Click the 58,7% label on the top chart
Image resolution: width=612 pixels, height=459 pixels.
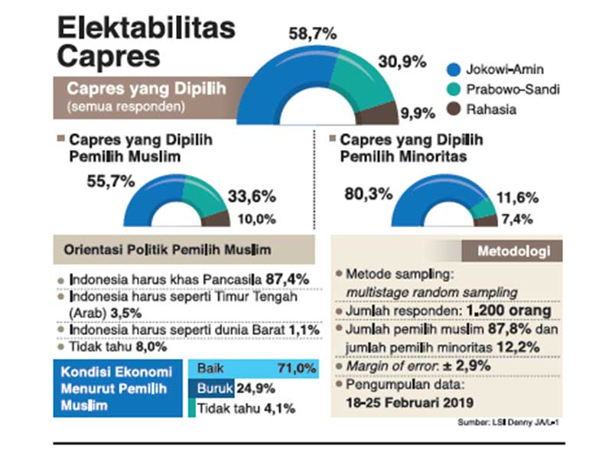[x=312, y=34]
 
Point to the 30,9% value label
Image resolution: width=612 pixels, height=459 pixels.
[x=402, y=63]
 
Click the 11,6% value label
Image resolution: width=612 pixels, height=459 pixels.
[x=518, y=197]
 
